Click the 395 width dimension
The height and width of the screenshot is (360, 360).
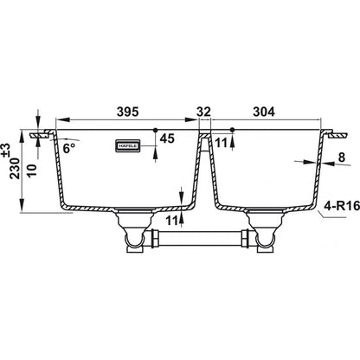[128, 112]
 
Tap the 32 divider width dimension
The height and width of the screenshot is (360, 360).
[204, 112]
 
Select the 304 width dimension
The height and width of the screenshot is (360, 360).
[264, 112]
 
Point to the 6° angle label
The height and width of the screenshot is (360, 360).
[69, 149]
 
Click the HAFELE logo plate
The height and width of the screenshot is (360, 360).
[128, 145]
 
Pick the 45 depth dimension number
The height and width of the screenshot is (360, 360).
[167, 138]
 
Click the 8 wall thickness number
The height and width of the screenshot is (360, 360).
[342, 157]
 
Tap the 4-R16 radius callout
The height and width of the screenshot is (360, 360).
[342, 206]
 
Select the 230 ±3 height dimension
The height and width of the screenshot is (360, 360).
[15, 162]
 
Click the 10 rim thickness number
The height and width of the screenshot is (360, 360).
[33, 170]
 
